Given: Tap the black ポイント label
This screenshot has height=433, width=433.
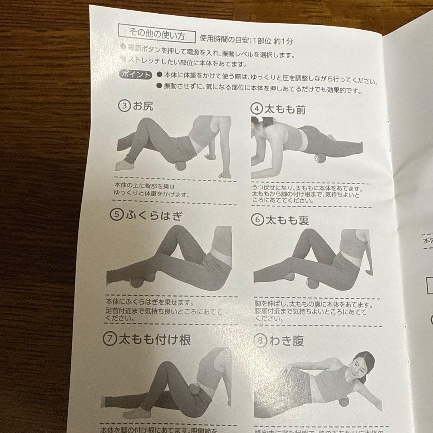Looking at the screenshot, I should [x=136, y=75].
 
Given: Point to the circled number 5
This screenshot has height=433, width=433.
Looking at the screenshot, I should [x=117, y=215].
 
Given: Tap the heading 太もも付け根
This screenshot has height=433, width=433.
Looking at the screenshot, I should [x=154, y=340].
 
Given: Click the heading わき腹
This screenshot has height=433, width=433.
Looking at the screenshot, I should [x=286, y=341].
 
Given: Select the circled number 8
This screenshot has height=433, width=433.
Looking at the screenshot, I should [x=261, y=341].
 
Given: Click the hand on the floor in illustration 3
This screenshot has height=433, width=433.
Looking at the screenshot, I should [x=225, y=175].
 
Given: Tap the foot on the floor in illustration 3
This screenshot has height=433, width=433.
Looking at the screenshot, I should [x=124, y=165].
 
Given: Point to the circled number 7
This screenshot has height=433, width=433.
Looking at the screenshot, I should [x=109, y=340].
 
